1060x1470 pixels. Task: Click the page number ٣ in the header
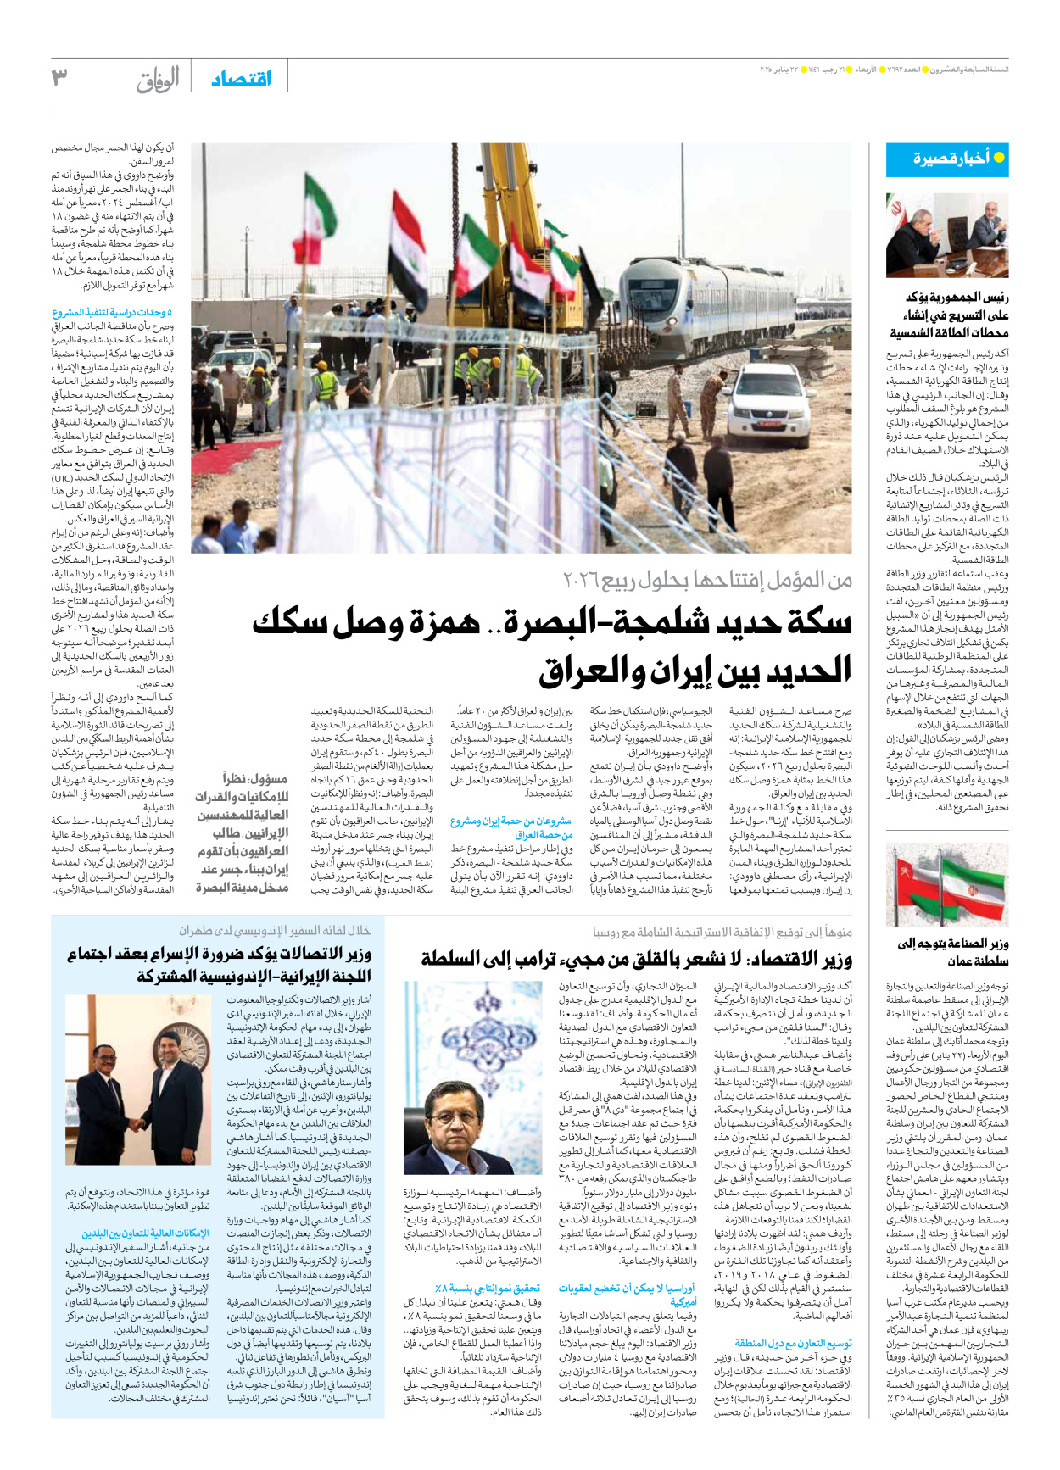[x=59, y=78]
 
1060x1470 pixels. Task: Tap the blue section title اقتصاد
[x=242, y=79]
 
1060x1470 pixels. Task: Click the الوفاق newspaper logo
[x=159, y=80]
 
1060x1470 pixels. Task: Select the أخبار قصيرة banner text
[x=951, y=159]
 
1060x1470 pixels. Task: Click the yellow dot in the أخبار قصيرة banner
[x=999, y=159]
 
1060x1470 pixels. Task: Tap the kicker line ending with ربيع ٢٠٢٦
[x=707, y=581]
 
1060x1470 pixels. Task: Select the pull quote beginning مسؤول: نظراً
[x=243, y=832]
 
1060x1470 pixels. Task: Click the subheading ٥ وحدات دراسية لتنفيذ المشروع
[x=112, y=313]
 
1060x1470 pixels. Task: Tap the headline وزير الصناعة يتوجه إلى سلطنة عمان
[x=953, y=952]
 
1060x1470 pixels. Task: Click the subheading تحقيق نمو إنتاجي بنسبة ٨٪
[x=487, y=1289]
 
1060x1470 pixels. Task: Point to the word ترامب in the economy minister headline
[x=535, y=960]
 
